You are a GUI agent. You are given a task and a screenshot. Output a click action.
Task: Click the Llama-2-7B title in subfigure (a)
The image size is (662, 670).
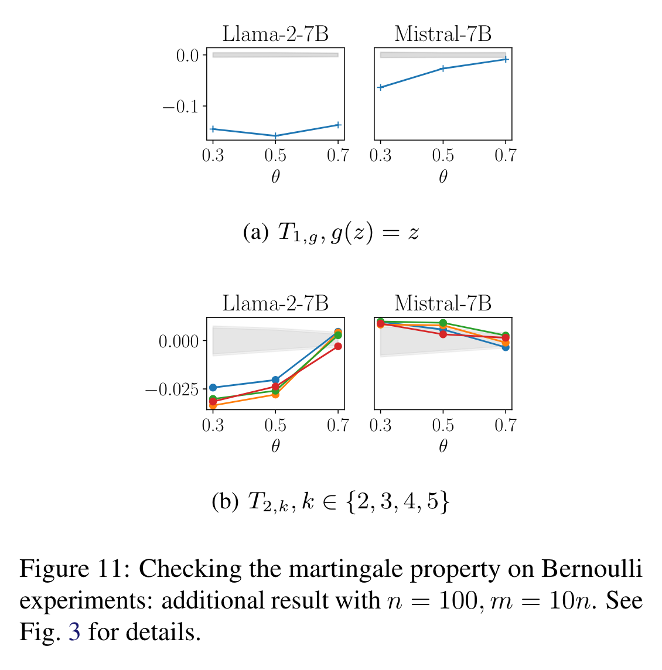point(275,34)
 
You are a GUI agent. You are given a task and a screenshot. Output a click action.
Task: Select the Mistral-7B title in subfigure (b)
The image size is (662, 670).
point(443,303)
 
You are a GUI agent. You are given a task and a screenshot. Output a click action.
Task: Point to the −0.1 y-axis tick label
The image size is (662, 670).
point(180,107)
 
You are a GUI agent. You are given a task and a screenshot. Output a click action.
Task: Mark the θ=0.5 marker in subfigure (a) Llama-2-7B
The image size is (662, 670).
point(275,136)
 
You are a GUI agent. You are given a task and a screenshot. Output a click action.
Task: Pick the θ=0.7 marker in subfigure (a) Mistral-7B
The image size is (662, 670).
point(506,59)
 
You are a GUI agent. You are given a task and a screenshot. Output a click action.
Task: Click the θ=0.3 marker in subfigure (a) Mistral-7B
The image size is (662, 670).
point(381,87)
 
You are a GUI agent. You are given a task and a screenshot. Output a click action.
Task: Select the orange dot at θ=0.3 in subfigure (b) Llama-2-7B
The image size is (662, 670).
point(213,405)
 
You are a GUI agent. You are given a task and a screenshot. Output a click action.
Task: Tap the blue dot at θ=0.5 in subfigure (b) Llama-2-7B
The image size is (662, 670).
point(275,380)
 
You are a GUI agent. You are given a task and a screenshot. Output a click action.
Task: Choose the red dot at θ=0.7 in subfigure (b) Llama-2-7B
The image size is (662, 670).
point(338,346)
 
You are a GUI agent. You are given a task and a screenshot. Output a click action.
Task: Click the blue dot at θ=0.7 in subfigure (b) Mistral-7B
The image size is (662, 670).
point(506,347)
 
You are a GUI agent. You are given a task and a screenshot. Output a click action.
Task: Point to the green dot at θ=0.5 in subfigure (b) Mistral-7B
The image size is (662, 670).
point(443,323)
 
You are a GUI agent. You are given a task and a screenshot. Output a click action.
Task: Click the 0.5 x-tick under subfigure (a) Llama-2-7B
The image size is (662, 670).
point(275,155)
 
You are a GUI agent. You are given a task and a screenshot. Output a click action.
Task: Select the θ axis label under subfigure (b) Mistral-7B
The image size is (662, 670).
point(443,446)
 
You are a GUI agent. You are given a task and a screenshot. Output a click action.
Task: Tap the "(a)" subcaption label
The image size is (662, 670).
point(255,233)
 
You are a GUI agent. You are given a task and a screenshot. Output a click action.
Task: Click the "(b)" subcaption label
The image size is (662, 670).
point(224,501)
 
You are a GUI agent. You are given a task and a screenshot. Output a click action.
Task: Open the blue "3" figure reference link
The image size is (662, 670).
point(74,632)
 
